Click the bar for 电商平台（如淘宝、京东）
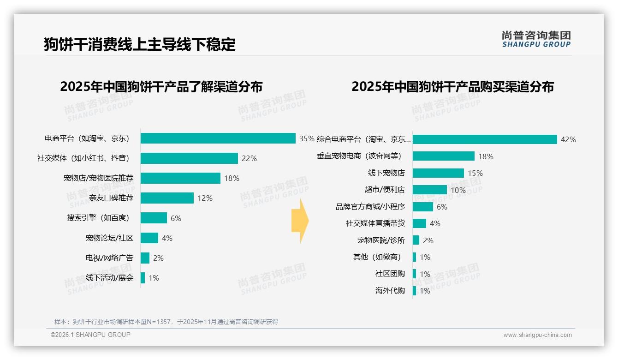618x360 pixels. tap(218, 138)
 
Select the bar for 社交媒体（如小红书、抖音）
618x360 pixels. tap(189, 158)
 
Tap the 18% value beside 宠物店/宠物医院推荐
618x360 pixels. tap(232, 178)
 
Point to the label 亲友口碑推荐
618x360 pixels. tap(111, 198)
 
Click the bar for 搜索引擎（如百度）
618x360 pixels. tap(154, 218)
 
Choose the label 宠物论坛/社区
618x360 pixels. tap(109, 238)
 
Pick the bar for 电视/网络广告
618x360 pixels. tap(145, 258)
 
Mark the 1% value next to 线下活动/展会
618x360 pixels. tap(154, 278)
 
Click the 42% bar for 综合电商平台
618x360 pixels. tap(485, 139)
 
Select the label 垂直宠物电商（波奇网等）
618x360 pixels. tap(359, 156)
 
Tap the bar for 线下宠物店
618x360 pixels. tap(438, 173)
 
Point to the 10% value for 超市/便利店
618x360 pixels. tap(458, 190)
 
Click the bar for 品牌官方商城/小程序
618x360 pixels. tap(423, 207)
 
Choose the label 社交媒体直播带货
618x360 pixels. tap(375, 223)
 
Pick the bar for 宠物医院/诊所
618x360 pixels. tap(416, 240)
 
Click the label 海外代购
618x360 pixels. tap(390, 291)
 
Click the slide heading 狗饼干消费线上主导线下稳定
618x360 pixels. tap(140, 44)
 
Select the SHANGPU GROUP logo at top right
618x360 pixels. tap(536, 39)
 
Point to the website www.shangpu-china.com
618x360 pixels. tap(537, 335)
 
